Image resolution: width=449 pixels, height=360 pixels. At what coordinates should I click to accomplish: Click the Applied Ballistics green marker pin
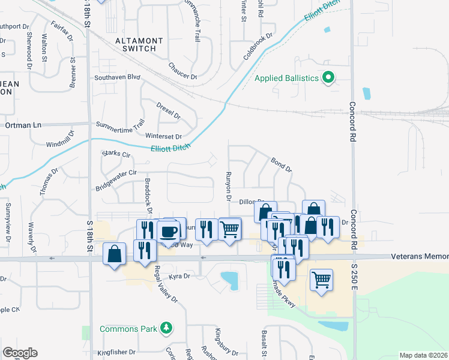328,78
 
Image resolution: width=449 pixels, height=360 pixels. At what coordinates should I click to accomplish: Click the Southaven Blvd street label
117,77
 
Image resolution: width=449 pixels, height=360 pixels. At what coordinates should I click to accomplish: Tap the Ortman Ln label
23,125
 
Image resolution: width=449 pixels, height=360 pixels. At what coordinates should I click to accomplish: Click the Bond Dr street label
281,165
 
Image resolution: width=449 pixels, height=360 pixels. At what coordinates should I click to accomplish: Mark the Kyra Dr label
179,276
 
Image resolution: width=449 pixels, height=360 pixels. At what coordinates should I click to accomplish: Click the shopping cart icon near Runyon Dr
230,229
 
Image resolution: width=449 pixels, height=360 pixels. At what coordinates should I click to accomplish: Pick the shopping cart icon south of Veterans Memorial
322,279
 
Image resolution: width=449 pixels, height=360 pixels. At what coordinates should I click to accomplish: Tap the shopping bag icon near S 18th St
114,254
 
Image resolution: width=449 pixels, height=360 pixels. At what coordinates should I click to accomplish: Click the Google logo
20,353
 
